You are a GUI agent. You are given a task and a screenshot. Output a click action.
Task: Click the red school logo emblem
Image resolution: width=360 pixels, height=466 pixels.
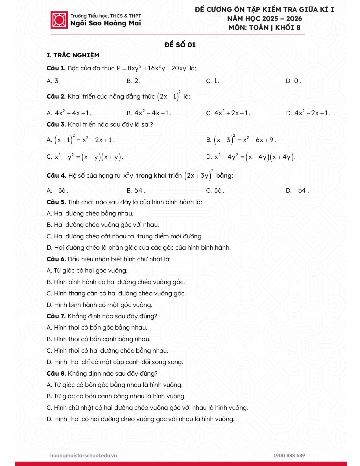coord(59,20)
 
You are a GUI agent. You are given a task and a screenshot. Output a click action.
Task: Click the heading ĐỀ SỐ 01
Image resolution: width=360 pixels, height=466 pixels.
coord(180,45)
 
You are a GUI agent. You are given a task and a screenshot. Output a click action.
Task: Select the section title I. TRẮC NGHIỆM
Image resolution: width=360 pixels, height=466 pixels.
coord(73,55)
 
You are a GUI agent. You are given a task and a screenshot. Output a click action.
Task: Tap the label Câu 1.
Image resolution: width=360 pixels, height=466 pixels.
coord(56,68)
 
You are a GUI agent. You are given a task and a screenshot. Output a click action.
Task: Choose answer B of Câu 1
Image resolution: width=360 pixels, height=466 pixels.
coord(133,81)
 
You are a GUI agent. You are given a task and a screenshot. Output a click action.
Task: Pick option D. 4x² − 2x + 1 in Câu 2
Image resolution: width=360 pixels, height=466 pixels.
coord(308,113)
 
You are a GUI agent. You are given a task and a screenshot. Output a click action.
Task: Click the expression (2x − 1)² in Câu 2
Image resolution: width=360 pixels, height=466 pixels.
coord(169,96)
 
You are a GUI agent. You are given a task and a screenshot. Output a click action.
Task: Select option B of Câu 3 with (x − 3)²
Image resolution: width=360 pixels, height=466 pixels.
coord(241,140)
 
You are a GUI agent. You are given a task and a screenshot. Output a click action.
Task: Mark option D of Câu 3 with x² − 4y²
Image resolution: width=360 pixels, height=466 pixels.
coord(251,157)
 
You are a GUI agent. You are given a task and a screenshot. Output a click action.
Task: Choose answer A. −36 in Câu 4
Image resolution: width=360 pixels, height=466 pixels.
coord(57,191)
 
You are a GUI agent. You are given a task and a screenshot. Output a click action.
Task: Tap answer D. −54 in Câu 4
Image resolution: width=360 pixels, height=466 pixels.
coord(297,191)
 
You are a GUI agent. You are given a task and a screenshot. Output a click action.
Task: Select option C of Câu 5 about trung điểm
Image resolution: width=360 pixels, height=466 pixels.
coord(125,236)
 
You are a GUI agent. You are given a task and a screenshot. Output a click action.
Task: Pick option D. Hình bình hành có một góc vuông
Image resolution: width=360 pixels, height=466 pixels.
coord(99,305)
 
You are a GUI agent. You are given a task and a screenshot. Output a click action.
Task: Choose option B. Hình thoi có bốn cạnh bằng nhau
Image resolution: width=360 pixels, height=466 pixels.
coord(99,339)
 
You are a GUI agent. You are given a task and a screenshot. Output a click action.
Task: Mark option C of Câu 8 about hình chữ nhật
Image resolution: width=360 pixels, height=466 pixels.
coord(147,408)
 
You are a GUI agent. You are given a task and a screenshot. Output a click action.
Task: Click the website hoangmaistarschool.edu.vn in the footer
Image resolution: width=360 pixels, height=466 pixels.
coord(84,455)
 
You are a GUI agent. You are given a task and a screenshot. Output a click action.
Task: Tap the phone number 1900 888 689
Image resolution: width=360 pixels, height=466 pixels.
coord(289,455)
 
